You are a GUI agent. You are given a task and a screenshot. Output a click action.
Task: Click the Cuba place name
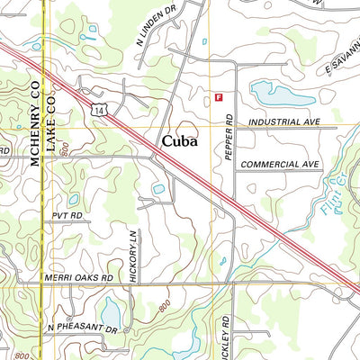[182, 141]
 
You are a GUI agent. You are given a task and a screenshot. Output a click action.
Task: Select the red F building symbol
[218, 96]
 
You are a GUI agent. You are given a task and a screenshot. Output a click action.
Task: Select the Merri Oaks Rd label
[82, 278]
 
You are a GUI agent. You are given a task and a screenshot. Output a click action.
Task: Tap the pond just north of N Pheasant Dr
[112, 310]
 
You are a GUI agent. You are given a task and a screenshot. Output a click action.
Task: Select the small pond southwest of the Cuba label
[158, 189]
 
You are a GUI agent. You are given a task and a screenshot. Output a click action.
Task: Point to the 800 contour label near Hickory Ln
[162, 309]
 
